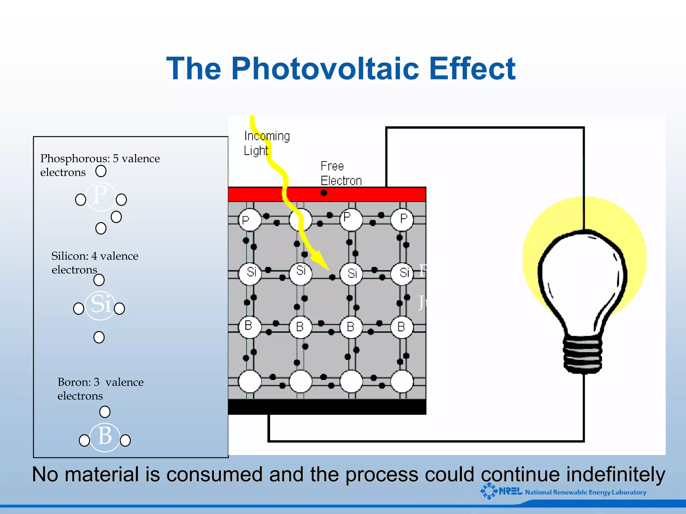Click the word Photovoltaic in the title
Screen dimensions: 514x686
[x=325, y=69]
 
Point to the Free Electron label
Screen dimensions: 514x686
[x=341, y=173]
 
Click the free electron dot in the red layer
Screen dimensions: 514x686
[x=324, y=193]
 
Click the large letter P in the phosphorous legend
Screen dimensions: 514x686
[x=100, y=195]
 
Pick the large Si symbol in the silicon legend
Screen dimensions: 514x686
[x=100, y=304]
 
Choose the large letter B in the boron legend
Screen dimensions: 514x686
[x=105, y=436]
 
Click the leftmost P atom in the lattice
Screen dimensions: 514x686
[x=250, y=220]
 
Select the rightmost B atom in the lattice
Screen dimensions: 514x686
[x=402, y=326]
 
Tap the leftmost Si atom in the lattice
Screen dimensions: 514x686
[x=250, y=273]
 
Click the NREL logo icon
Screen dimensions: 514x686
[x=489, y=491]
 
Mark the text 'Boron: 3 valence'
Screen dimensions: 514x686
[x=100, y=382]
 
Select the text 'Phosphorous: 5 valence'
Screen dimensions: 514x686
[x=100, y=158]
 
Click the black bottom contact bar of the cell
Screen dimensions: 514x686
[x=327, y=407]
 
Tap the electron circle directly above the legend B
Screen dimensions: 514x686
[x=105, y=411]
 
